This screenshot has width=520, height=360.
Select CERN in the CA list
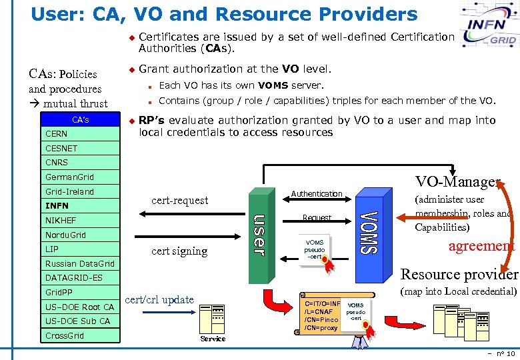click(x=57, y=133)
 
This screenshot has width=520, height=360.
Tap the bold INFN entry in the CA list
click(x=57, y=206)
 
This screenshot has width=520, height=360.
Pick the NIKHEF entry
click(x=61, y=220)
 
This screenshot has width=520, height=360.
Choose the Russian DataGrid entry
click(x=79, y=263)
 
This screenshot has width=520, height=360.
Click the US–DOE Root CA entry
click(x=79, y=307)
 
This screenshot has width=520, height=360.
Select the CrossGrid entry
click(x=65, y=335)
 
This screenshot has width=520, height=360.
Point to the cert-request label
click(x=179, y=200)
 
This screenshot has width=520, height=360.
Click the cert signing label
click(x=179, y=251)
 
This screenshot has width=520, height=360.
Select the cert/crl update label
click(x=160, y=299)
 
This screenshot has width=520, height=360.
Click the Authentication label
click(x=317, y=193)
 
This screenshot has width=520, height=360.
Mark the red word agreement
click(x=481, y=245)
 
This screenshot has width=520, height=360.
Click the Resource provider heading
click(x=459, y=274)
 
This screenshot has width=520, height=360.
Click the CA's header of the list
click(x=80, y=120)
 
